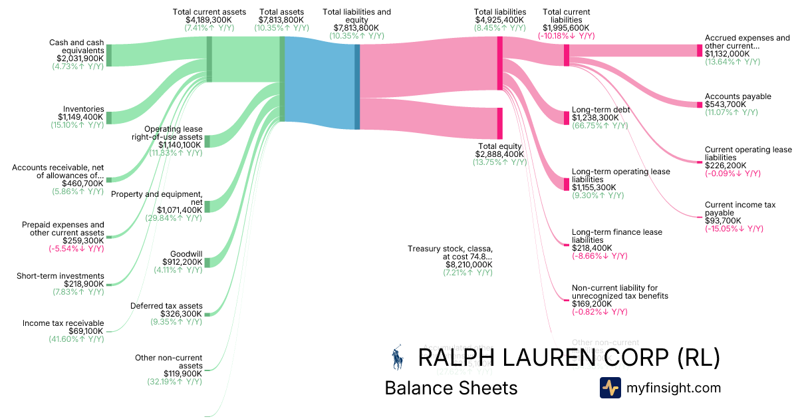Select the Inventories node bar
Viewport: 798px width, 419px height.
pyautogui.click(x=109, y=118)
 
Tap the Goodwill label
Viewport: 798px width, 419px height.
pyautogui.click(x=186, y=254)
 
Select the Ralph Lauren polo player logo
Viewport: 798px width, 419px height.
pyautogui.click(x=398, y=357)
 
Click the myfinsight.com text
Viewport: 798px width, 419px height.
pyautogui.click(x=674, y=388)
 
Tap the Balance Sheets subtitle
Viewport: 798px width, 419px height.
pyautogui.click(x=451, y=388)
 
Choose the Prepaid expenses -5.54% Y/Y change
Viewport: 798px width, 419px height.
pyautogui.click(x=76, y=249)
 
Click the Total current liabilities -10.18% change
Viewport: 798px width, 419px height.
pyautogui.click(x=566, y=36)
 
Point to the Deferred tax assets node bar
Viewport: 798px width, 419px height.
pyautogui.click(x=207, y=315)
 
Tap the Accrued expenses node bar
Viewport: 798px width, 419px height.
pyautogui.click(x=700, y=51)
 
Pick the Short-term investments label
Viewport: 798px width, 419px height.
pyautogui.click(x=60, y=276)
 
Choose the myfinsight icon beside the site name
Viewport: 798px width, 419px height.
pyautogui.click(x=610, y=388)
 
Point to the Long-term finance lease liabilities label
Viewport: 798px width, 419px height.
pyautogui.click(x=617, y=236)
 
